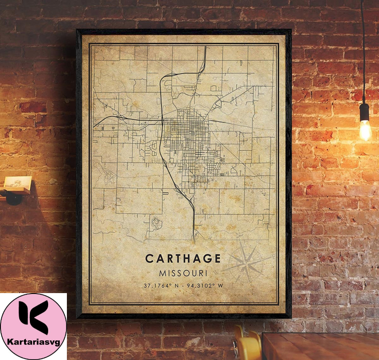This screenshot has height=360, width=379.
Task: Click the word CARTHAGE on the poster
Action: coord(182,259)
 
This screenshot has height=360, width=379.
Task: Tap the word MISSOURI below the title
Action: coord(182,272)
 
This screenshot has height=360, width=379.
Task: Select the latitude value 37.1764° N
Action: coord(162,286)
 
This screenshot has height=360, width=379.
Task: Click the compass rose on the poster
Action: coord(246,261)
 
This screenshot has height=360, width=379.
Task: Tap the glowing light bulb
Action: coord(365,129)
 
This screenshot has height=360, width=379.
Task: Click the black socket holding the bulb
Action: coord(365,112)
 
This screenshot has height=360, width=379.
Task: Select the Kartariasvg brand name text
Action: coord(33,342)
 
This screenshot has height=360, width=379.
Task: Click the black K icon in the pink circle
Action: coord(33,318)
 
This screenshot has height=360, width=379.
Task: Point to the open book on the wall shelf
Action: coord(18,183)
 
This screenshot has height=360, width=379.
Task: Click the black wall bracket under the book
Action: coord(13,197)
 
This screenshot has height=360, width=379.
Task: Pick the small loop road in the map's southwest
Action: coord(157,221)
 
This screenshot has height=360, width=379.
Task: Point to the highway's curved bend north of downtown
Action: coord(167,76)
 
